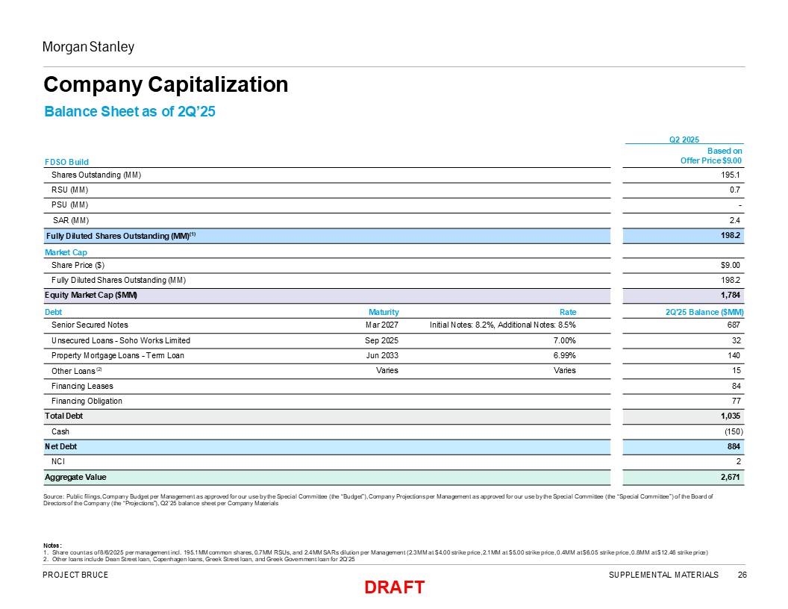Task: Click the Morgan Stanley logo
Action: pos(89,47)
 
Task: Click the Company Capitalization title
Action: pos(166,84)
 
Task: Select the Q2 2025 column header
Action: pos(684,140)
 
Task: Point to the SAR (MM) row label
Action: pos(71,220)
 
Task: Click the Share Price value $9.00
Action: pos(730,265)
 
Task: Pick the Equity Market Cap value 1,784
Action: pos(731,295)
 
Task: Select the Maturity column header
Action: pos(384,312)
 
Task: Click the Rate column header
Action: pos(568,312)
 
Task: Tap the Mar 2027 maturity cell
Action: pos(382,325)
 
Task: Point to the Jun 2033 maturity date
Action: pos(383,355)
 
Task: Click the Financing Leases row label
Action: pos(82,386)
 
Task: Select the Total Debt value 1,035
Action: pos(731,416)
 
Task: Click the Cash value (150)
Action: pos(734,431)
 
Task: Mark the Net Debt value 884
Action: pos(734,446)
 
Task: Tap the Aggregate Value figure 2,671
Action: pos(731,477)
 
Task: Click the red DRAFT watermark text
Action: pos(395,587)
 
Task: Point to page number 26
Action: pos(742,575)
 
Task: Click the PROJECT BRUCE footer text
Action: pos(75,575)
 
